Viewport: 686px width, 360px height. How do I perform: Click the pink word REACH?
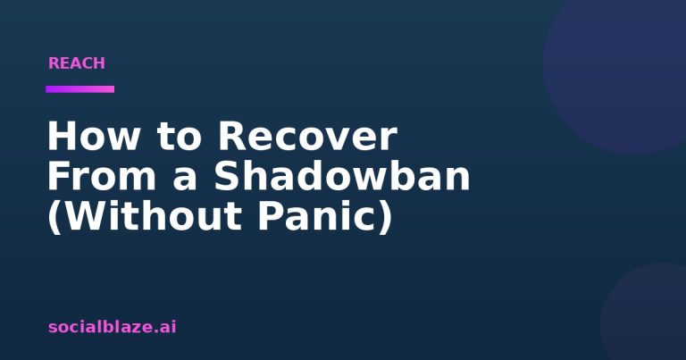click(77, 63)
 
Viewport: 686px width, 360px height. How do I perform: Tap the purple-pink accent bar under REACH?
click(80, 89)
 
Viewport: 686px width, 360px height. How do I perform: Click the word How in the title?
click(94, 136)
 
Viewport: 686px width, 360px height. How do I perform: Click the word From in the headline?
click(102, 176)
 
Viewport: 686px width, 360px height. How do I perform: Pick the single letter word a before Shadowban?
click(185, 180)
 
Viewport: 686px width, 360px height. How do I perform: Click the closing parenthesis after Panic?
click(386, 217)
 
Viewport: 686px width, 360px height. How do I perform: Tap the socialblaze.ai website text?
click(112, 327)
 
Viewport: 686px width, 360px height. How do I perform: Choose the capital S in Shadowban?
click(228, 176)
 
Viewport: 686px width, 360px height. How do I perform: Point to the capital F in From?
click(59, 176)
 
